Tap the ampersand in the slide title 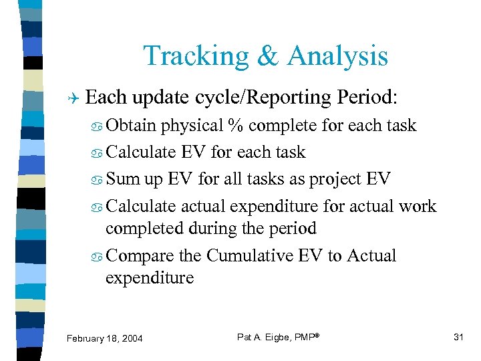tap(269, 56)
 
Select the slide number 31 tap(458, 337)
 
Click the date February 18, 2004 tap(105, 338)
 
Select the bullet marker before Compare tap(96, 257)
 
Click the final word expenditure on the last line tap(150, 277)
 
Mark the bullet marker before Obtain tap(96, 126)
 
